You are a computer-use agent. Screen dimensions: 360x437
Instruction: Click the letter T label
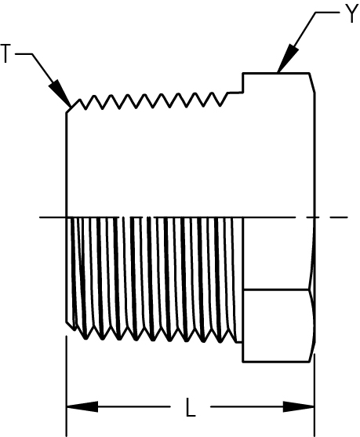pos(5,53)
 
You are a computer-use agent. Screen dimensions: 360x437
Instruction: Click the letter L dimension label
pos(191,407)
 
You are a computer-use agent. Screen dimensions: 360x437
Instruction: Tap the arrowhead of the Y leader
pos(288,58)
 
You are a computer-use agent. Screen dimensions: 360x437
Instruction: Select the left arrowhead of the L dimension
pos(82,406)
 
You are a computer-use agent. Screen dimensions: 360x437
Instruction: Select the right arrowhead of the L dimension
pos(298,406)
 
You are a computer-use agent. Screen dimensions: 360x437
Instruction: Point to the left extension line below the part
pos(67,386)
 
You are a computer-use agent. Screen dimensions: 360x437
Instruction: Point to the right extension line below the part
pos(315,395)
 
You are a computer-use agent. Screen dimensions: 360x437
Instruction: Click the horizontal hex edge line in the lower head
pos(276,290)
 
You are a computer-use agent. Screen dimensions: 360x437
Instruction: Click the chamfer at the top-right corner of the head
pos(312,83)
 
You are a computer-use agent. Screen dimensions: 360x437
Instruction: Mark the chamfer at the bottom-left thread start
pos(71,326)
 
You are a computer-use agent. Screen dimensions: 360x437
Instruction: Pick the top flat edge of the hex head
pos(276,73)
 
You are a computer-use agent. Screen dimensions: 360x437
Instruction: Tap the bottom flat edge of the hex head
pos(276,362)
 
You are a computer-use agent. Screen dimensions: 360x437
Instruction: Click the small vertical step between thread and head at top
pos(243,82)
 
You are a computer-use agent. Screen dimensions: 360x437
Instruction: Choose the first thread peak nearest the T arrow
pos(80,100)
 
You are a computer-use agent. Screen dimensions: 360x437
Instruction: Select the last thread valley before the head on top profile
pos(220,106)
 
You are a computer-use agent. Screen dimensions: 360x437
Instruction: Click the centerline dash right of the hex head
pos(340,217)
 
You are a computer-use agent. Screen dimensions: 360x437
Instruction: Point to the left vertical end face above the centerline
pos(67,165)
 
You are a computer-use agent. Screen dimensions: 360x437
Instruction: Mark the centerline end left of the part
pos(39,217)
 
